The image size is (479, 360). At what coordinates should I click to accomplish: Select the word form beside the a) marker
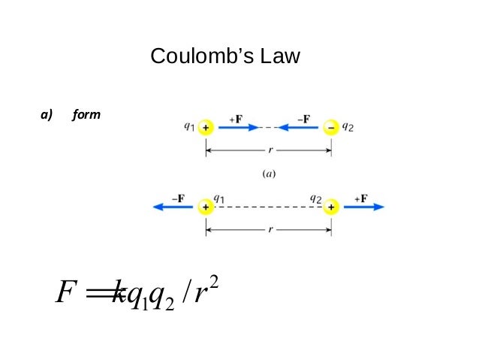(x=87, y=116)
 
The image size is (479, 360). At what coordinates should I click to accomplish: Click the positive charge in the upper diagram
(x=206, y=128)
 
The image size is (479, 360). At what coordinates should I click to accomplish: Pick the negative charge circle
(x=331, y=128)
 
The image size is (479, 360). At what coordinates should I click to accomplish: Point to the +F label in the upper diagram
(x=235, y=118)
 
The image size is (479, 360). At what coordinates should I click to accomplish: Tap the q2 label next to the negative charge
(x=348, y=127)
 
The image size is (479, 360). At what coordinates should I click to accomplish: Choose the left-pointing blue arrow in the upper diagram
(x=301, y=128)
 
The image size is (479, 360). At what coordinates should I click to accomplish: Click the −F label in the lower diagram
(x=178, y=198)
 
